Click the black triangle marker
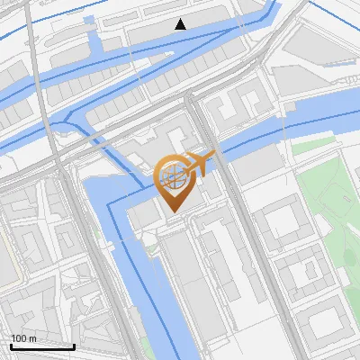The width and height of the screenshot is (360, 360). point(181,24)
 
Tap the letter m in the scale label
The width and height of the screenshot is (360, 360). point(32,338)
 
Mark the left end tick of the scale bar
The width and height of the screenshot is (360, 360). point(11,346)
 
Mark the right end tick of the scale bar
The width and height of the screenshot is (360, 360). point(74,346)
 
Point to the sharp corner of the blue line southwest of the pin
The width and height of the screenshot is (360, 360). point(110,204)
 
